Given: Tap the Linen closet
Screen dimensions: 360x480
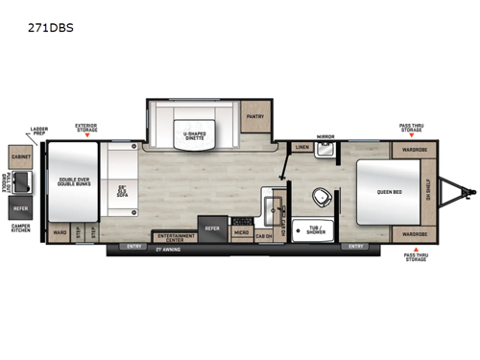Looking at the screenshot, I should (301, 148).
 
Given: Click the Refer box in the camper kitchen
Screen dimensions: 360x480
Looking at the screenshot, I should (21, 207).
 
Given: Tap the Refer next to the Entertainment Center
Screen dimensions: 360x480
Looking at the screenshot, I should (211, 229).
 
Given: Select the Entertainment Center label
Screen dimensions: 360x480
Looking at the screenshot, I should (174, 234).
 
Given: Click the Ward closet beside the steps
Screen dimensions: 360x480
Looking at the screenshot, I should (60, 233).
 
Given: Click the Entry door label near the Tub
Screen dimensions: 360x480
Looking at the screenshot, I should (356, 247).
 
